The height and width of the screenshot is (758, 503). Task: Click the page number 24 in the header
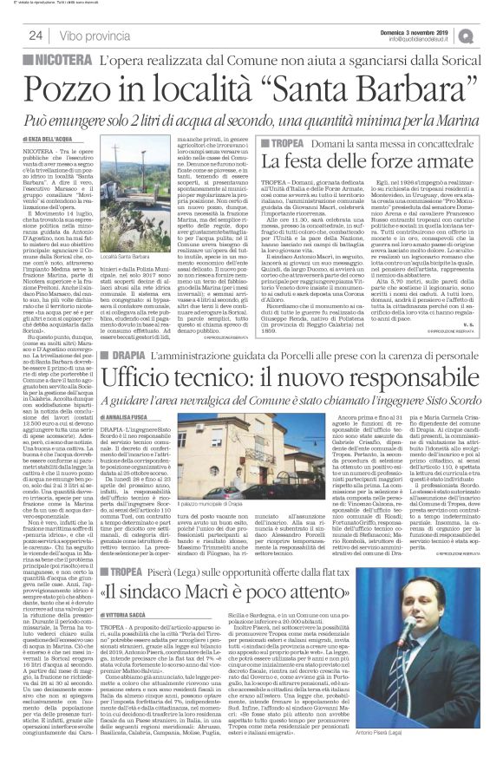coord(36,36)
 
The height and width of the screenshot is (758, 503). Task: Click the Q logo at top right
coord(491,34)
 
